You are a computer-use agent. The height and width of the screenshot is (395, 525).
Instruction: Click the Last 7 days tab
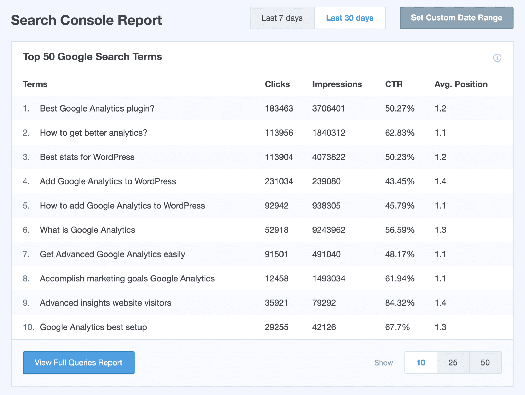click(x=282, y=18)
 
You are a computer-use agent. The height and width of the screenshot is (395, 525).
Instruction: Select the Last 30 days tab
click(x=350, y=18)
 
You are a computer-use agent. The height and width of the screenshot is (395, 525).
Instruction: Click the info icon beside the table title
click(x=497, y=58)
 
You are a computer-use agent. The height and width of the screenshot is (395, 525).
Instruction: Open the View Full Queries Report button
click(x=79, y=362)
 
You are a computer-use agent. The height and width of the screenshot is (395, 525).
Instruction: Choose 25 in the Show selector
click(x=453, y=362)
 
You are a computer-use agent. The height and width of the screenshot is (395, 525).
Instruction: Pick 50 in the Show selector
click(x=485, y=362)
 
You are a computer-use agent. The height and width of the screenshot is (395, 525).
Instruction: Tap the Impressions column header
click(x=337, y=84)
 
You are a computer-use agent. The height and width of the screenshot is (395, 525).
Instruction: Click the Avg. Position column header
click(x=461, y=84)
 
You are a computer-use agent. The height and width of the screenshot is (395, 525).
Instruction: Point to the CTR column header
click(x=394, y=84)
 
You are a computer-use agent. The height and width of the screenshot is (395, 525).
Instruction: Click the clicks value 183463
click(x=279, y=108)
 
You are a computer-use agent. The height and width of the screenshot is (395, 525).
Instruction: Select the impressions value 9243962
click(x=329, y=230)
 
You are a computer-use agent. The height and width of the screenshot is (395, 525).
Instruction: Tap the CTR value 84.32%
click(x=400, y=303)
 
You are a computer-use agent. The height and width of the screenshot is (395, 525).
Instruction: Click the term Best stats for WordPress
click(x=87, y=157)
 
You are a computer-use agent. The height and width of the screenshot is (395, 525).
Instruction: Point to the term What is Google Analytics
click(x=87, y=230)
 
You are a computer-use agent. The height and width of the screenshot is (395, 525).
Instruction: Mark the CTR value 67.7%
click(x=397, y=327)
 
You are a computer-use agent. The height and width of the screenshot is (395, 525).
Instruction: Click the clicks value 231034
click(x=279, y=181)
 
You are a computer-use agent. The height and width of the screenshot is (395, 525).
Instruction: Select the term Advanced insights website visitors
click(x=105, y=303)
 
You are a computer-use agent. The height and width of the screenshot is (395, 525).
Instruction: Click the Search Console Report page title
click(x=86, y=20)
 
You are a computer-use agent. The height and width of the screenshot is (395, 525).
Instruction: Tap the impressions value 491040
click(x=326, y=254)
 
